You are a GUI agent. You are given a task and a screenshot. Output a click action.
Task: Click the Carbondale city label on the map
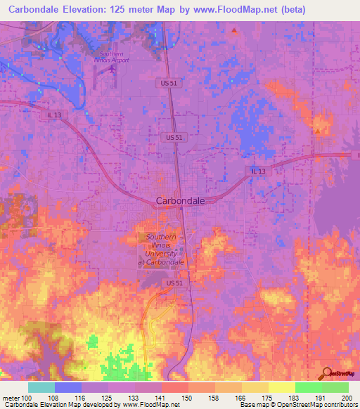[180, 200]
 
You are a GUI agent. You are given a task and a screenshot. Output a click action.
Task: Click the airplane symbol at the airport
[113, 74]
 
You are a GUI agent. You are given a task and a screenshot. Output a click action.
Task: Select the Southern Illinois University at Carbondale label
[161, 249]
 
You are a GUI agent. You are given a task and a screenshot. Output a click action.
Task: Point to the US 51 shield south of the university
[176, 283]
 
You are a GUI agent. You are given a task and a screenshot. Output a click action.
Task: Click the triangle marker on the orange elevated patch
[318, 131]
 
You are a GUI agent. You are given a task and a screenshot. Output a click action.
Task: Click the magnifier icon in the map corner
[328, 372]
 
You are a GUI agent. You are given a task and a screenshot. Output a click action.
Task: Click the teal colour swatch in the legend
[41, 387]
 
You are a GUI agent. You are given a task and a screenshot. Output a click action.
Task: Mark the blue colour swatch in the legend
[68, 387]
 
